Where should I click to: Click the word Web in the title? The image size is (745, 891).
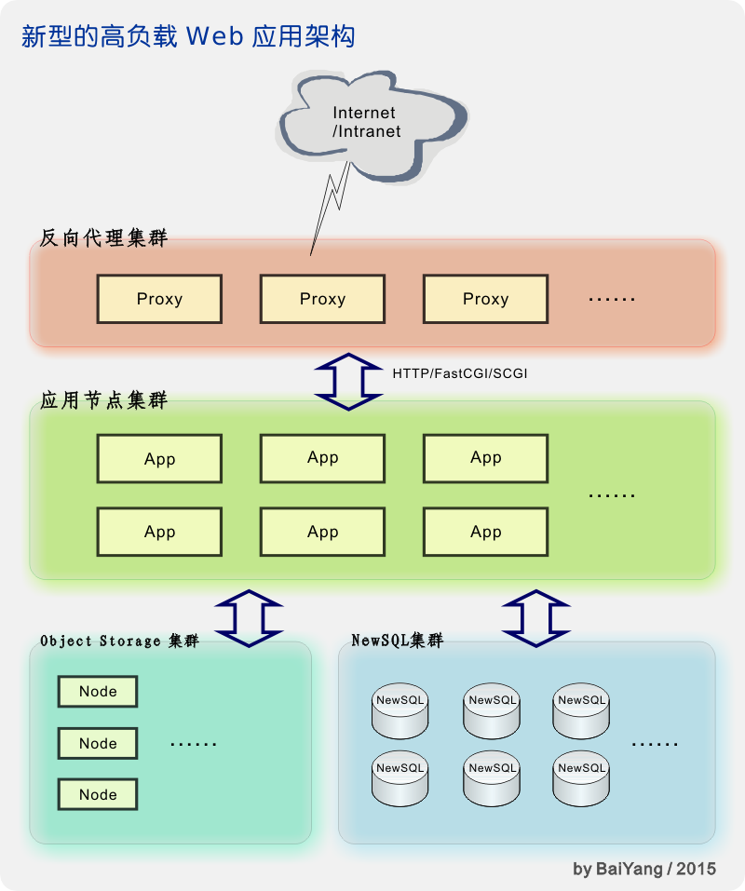tap(214, 37)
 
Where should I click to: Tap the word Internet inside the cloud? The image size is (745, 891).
tap(364, 113)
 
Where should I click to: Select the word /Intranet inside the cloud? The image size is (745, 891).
tap(367, 131)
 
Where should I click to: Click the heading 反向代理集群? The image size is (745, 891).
tap(103, 237)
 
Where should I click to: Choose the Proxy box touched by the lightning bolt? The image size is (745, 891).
tap(322, 299)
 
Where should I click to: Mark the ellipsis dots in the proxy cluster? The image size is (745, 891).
tap(612, 300)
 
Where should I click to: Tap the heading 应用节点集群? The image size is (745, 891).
tap(103, 401)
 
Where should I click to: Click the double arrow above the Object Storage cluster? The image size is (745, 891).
tap(249, 618)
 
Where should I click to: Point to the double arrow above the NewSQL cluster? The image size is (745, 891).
tap(536, 618)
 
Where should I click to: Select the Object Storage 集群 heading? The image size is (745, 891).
tap(119, 641)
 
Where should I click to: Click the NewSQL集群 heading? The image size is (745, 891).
tap(397, 641)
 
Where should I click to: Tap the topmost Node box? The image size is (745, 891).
tap(98, 692)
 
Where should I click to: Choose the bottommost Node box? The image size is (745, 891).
tap(98, 794)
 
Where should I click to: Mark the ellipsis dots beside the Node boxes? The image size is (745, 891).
tap(194, 744)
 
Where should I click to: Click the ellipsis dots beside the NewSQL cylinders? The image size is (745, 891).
tap(655, 744)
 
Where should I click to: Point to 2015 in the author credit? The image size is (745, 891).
tap(697, 869)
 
